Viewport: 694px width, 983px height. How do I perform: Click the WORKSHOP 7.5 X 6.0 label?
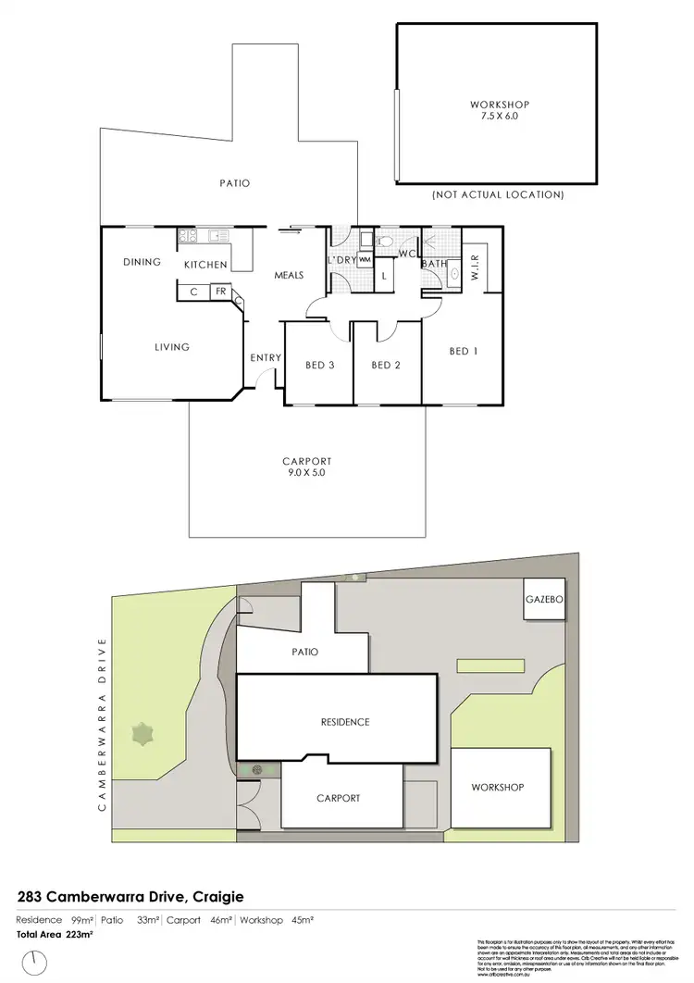(x=499, y=111)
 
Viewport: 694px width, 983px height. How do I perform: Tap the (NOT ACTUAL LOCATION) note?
(x=498, y=195)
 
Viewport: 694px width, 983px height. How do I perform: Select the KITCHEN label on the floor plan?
(x=205, y=265)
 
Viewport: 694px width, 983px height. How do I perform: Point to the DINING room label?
(x=142, y=262)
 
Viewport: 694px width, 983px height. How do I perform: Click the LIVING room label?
(x=172, y=347)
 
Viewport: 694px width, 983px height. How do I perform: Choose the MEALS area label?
(x=290, y=275)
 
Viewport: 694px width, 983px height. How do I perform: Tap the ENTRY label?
(x=266, y=358)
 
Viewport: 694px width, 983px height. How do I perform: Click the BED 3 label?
(x=319, y=365)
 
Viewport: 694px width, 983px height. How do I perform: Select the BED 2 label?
(x=385, y=365)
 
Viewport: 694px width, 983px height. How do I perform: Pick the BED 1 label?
(x=464, y=351)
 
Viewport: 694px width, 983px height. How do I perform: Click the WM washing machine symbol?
(x=365, y=260)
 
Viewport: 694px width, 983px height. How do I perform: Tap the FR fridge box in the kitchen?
(x=221, y=292)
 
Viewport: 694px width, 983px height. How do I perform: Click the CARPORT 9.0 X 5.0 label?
(x=306, y=467)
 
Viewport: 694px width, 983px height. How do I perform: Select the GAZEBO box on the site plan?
(x=544, y=600)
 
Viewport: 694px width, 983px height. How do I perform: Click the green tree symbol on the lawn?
(x=143, y=737)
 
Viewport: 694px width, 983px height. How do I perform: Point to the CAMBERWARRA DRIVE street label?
(x=103, y=724)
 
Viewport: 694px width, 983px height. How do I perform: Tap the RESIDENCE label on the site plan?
(x=344, y=722)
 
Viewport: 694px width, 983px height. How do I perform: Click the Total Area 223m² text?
(x=55, y=935)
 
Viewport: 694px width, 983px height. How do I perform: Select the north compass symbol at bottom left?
(x=36, y=963)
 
